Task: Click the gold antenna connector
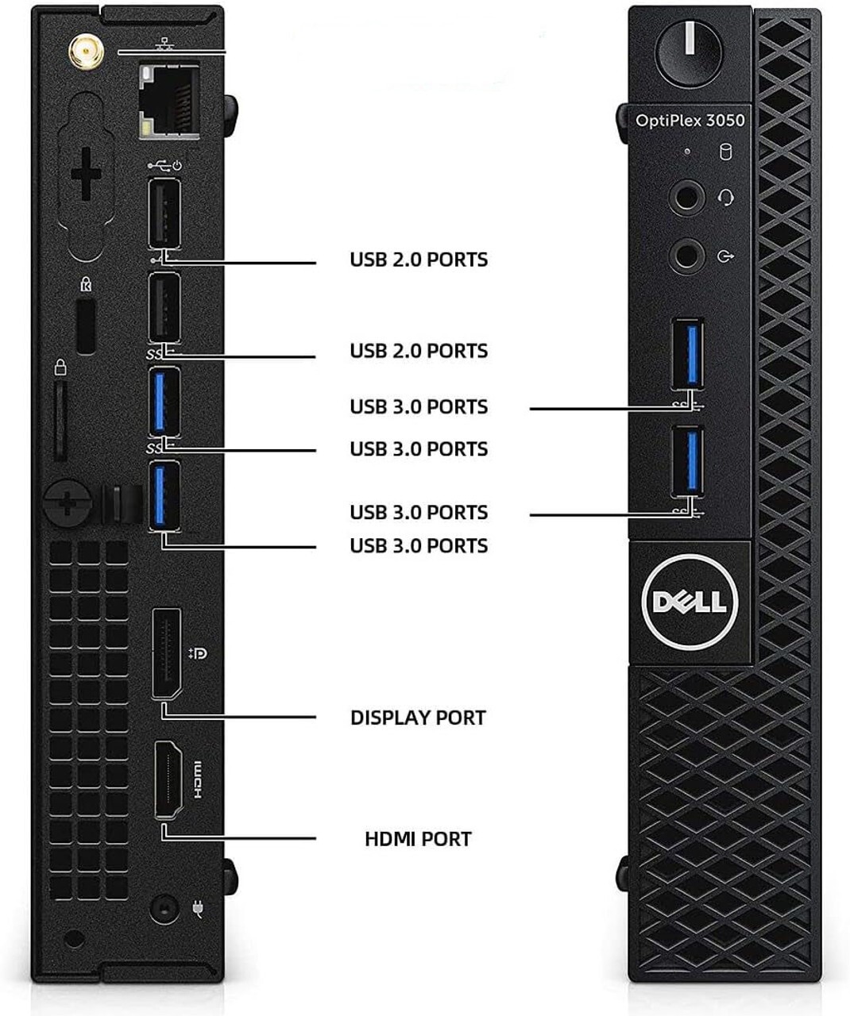click(81, 53)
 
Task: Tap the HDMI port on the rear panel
click(167, 779)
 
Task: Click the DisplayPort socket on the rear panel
click(166, 653)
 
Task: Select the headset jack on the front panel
click(686, 197)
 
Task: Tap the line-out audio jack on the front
click(686, 256)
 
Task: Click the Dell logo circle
click(689, 602)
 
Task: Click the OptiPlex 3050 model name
click(690, 121)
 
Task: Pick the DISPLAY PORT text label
click(418, 718)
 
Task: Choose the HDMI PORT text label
click(418, 839)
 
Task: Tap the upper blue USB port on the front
click(688, 353)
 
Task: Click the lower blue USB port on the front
click(688, 460)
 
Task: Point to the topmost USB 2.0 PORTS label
click(419, 260)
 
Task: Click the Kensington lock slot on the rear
click(86, 327)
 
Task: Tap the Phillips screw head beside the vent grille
click(70, 502)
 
